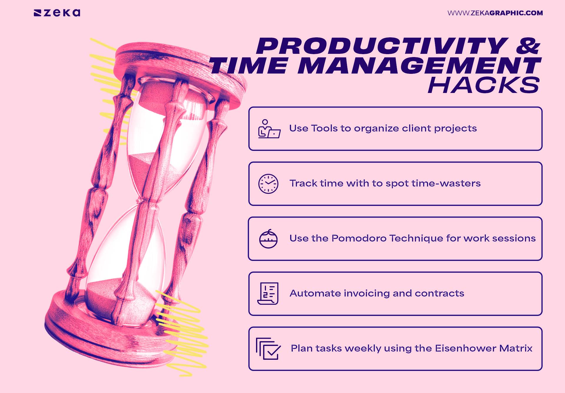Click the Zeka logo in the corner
pyautogui.click(x=57, y=13)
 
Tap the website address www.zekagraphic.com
pyautogui.click(x=495, y=13)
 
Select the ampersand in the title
pyautogui.click(x=528, y=46)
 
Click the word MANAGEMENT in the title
pyautogui.click(x=419, y=66)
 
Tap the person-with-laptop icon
pyautogui.click(x=269, y=129)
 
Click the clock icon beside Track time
pyautogui.click(x=268, y=184)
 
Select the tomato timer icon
pyautogui.click(x=268, y=239)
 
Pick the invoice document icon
pyautogui.click(x=268, y=294)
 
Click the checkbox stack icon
pyautogui.click(x=268, y=349)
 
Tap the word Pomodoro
pyautogui.click(x=359, y=238)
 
